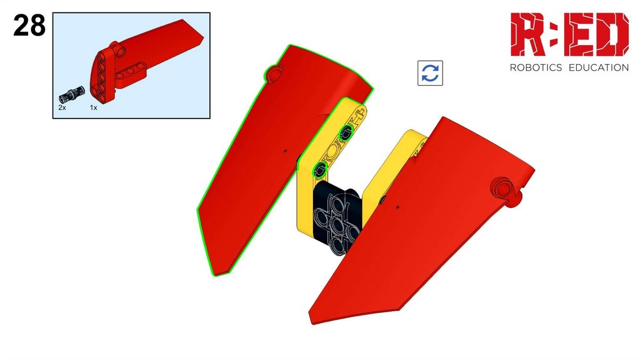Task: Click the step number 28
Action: [x=29, y=25]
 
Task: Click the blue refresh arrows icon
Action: [x=430, y=73]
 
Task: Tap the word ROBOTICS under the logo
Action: [x=535, y=68]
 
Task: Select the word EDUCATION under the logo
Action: [x=599, y=68]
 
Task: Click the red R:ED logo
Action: [x=569, y=34]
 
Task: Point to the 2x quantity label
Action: [x=62, y=108]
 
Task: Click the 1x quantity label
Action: [x=94, y=108]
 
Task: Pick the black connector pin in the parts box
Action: [x=71, y=95]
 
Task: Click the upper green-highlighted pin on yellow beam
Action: [x=346, y=132]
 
